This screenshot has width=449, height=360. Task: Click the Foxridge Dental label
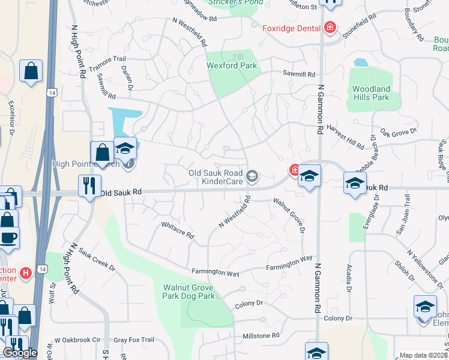(x=291, y=28)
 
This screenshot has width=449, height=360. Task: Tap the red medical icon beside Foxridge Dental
(x=330, y=28)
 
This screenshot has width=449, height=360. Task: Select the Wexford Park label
(x=232, y=65)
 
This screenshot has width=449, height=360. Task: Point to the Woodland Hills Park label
(x=370, y=93)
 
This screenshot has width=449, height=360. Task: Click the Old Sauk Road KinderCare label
(x=207, y=176)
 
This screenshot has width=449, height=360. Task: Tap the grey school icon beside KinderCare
(x=252, y=176)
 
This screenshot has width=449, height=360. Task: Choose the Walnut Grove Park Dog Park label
(x=189, y=292)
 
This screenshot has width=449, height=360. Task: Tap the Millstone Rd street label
(x=261, y=335)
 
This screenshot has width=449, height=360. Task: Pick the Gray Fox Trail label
(x=134, y=340)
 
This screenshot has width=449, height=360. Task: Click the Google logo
(x=20, y=353)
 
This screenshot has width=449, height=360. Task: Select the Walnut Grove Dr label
(x=290, y=215)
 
